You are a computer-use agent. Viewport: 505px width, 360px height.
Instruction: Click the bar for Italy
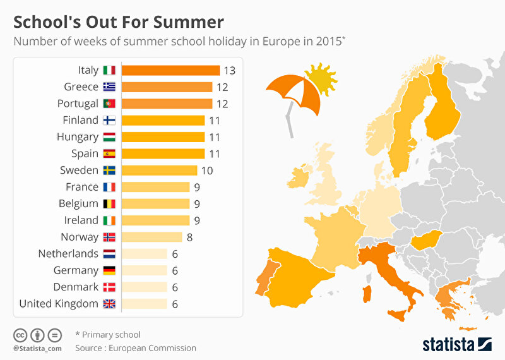[x=170, y=70]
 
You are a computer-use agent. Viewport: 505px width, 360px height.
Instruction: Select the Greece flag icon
[x=109, y=87]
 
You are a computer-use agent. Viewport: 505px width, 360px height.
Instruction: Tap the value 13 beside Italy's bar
[x=229, y=70]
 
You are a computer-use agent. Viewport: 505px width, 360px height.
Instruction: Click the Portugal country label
[x=77, y=104]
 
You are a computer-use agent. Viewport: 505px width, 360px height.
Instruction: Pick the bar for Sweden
[x=158, y=170]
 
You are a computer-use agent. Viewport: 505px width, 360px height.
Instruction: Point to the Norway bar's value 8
[x=190, y=237]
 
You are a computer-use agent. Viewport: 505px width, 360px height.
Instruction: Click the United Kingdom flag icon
[x=109, y=304]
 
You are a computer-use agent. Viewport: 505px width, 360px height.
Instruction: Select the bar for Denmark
[x=144, y=287]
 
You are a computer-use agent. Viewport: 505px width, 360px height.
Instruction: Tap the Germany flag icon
[x=109, y=270]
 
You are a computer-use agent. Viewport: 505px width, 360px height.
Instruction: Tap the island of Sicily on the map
[x=398, y=314]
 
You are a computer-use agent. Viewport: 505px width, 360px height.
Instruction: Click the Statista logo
[x=456, y=344]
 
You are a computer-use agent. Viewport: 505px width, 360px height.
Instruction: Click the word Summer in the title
[x=189, y=23]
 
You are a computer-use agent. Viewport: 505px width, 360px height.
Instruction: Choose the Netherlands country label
[x=68, y=254]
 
